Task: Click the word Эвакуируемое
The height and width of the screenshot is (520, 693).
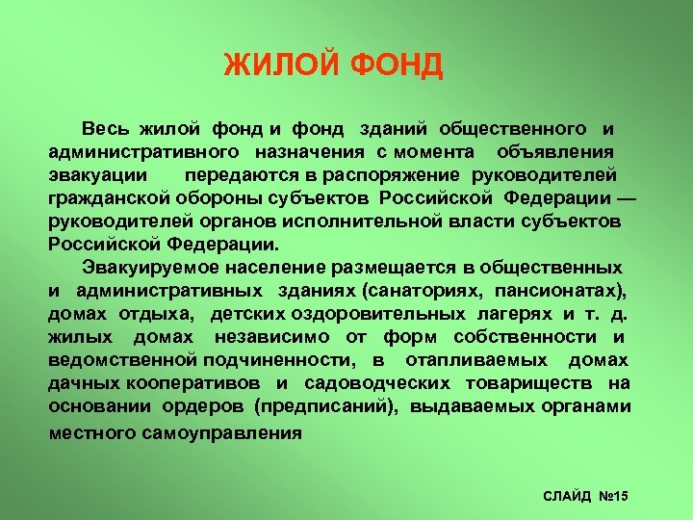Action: [142, 267]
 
